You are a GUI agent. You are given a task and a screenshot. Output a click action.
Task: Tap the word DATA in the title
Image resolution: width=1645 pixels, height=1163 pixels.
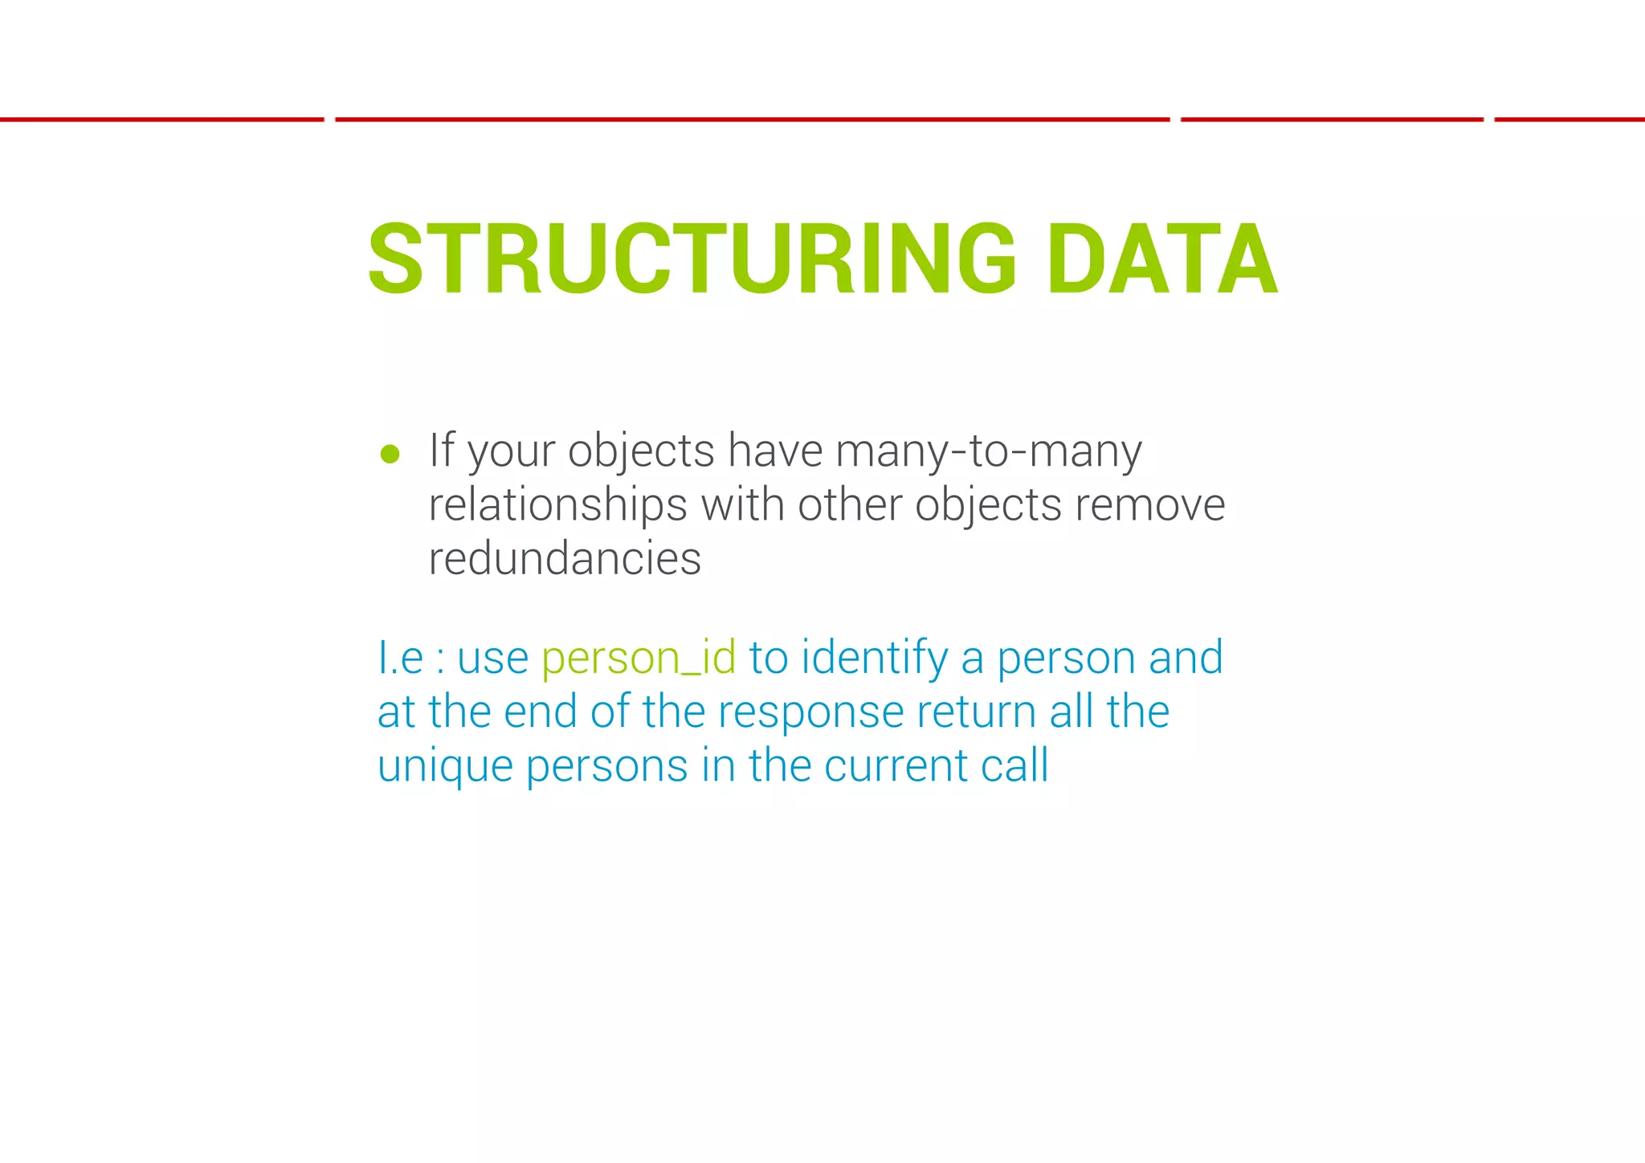(x=1161, y=259)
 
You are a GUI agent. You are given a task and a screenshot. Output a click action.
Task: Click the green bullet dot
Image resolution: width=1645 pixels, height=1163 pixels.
(x=390, y=455)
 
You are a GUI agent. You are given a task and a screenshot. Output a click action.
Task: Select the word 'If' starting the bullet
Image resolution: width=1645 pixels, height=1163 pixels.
(x=442, y=450)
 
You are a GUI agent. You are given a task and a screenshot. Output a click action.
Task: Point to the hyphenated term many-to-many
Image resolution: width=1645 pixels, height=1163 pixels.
(x=988, y=451)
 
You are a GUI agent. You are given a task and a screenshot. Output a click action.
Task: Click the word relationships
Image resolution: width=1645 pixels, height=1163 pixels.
(x=557, y=505)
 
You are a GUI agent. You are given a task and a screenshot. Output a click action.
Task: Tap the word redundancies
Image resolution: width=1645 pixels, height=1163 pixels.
(x=565, y=558)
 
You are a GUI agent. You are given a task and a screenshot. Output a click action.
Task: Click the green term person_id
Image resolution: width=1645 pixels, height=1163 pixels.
(x=639, y=658)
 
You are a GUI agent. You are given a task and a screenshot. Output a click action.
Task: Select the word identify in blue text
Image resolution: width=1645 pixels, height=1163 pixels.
(x=875, y=658)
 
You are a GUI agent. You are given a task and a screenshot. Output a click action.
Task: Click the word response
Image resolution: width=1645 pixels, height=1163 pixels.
(x=810, y=712)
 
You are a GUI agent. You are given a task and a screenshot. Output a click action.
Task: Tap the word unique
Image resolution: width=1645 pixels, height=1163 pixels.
(x=445, y=766)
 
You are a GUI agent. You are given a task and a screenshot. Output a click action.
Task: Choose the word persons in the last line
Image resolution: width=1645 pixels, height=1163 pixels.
(x=606, y=766)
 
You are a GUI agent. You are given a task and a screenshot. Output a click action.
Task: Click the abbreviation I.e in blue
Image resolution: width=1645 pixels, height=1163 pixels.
(x=400, y=658)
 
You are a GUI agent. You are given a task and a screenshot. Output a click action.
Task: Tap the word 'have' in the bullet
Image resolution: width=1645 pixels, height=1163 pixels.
(x=774, y=450)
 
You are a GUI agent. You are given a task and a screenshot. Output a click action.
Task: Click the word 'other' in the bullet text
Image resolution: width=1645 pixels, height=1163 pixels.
(x=849, y=505)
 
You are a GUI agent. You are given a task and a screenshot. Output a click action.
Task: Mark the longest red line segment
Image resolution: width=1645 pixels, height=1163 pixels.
(x=752, y=120)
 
